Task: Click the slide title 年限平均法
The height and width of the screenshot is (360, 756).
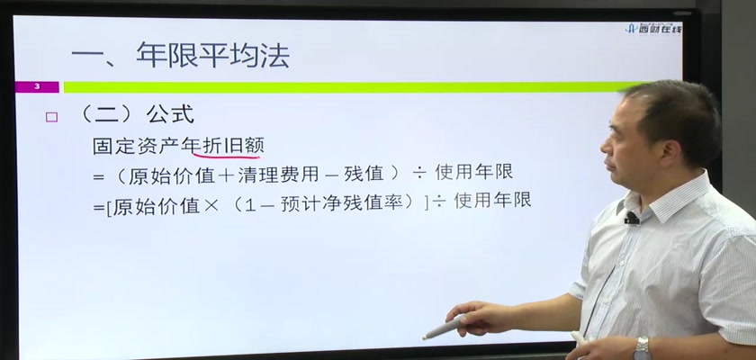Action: tap(212, 56)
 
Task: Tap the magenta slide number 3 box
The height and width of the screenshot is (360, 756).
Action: tap(37, 87)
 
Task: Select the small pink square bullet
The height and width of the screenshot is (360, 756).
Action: tap(51, 117)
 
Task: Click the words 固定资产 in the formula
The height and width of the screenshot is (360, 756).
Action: tap(137, 146)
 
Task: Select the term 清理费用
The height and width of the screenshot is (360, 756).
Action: tap(272, 175)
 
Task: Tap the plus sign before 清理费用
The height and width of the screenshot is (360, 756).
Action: tap(226, 175)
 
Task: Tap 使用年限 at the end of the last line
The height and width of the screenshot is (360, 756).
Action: tap(493, 200)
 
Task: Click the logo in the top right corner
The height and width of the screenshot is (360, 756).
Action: tap(653, 29)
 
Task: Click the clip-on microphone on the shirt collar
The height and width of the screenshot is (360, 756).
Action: tap(631, 219)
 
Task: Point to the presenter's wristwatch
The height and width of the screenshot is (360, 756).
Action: tap(642, 348)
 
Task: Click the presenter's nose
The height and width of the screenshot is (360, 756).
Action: tap(605, 146)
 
